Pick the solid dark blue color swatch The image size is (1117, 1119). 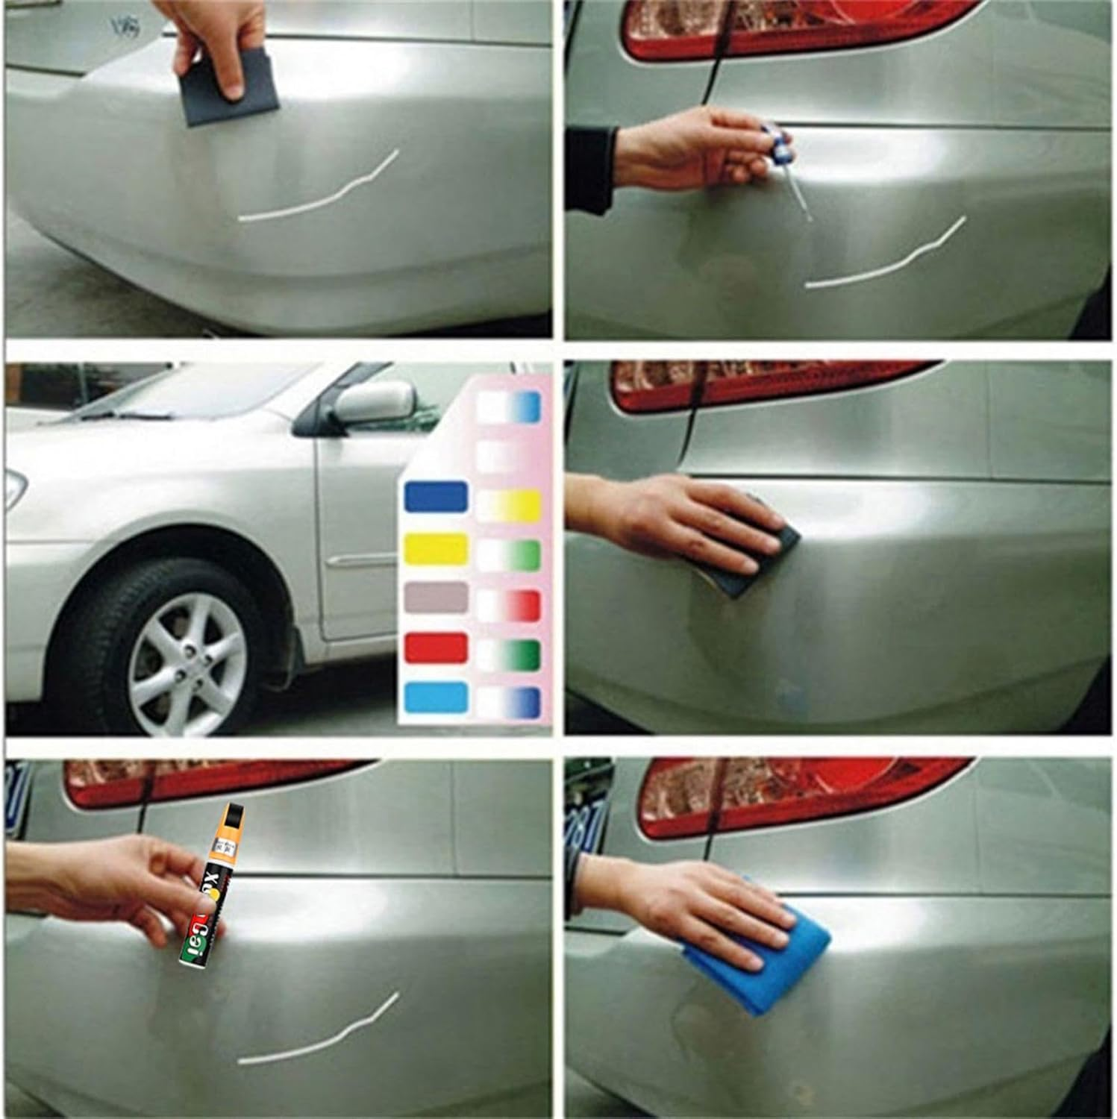(x=436, y=498)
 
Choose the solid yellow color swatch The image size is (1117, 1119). (x=436, y=548)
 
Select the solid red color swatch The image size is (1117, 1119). (x=436, y=647)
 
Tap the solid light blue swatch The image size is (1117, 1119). (x=436, y=697)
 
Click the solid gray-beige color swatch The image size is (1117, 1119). (x=436, y=597)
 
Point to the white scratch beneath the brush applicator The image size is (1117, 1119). (x=888, y=257)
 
